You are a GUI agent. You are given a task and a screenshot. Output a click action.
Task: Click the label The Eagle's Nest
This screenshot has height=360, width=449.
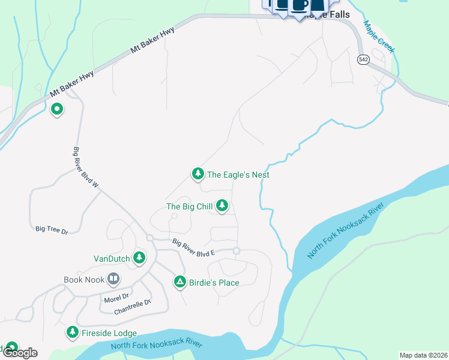click(238, 175)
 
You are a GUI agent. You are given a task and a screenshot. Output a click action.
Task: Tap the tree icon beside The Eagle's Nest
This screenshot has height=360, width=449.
click(197, 174)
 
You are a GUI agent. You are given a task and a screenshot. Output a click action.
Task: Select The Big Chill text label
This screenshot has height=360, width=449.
click(189, 207)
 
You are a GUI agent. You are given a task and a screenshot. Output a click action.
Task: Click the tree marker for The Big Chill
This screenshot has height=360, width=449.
click(222, 206)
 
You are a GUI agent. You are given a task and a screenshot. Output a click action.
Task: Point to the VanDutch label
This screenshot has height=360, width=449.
click(112, 259)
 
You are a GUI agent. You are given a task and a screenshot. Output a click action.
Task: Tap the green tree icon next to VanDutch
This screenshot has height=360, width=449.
click(139, 258)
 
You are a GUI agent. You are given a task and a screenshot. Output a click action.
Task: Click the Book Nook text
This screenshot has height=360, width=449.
click(84, 279)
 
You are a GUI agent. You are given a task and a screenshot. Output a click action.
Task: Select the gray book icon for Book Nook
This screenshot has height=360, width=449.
click(113, 279)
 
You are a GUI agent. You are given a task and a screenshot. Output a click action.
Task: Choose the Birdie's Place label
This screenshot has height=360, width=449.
click(215, 283)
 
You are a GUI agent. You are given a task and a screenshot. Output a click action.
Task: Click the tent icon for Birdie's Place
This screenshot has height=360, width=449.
click(179, 282)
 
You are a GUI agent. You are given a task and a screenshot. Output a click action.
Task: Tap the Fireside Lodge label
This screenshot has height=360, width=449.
click(109, 333)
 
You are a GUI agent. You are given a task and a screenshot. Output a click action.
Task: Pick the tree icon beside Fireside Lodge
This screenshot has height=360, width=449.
click(73, 332)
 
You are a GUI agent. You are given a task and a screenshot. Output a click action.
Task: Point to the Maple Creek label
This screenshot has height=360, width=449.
click(378, 37)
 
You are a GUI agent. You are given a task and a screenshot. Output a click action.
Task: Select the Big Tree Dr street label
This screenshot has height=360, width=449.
click(52, 229)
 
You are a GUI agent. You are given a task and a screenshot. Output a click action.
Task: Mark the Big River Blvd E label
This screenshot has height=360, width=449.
click(193, 248)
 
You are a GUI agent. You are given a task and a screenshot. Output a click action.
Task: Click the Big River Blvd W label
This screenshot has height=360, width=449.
click(86, 167)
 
